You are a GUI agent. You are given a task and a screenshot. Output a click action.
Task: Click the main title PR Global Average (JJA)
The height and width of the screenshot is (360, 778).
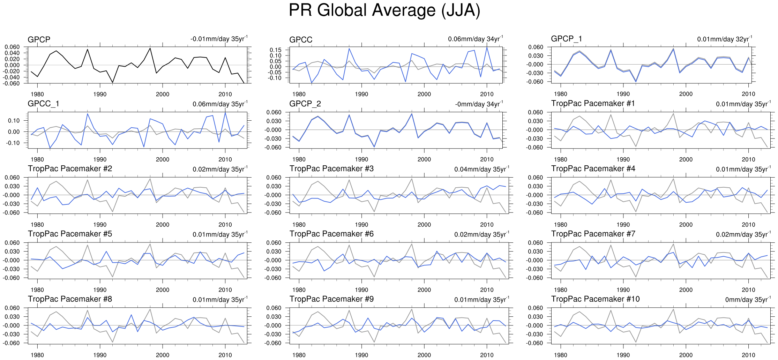[x=384, y=10]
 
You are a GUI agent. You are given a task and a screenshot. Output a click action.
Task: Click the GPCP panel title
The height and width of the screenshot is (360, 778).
[x=39, y=39]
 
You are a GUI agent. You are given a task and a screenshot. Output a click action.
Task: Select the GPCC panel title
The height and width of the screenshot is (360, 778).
[x=301, y=40]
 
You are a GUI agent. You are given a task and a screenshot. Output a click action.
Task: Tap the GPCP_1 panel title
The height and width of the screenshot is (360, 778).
[x=566, y=39]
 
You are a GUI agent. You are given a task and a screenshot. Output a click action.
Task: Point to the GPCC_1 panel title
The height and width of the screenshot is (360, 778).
[x=43, y=104]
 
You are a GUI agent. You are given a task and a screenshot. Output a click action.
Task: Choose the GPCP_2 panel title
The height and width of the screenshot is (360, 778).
[x=305, y=104]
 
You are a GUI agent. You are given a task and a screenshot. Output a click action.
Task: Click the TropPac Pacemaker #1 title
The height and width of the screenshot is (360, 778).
[x=593, y=104]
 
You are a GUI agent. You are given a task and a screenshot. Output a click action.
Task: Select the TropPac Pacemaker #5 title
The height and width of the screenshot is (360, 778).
[x=70, y=234]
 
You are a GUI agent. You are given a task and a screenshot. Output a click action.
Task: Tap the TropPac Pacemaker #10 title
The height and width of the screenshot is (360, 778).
[x=595, y=299]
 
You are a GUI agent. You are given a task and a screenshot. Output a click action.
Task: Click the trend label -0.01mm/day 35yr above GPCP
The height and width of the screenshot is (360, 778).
[x=219, y=39]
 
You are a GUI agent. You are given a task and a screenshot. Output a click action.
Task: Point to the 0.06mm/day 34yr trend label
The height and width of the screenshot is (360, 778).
[x=475, y=39]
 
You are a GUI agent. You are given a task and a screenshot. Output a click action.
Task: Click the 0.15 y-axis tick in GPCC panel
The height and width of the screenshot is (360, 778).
[x=275, y=50]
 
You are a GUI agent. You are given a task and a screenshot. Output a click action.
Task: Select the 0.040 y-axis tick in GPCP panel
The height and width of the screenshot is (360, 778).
[x=12, y=53]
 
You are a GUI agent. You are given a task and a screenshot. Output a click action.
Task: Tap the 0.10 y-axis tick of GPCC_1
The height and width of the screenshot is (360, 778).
[x=14, y=121]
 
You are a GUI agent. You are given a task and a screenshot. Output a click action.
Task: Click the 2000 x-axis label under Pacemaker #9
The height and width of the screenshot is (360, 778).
[x=424, y=355]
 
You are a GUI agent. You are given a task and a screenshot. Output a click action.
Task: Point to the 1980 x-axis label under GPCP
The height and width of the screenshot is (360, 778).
[x=37, y=94]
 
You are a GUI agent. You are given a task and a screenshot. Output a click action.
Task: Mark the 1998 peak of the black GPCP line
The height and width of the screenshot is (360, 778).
[x=150, y=48]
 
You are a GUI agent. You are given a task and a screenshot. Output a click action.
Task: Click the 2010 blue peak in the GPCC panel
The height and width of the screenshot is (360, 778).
[x=487, y=48]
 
